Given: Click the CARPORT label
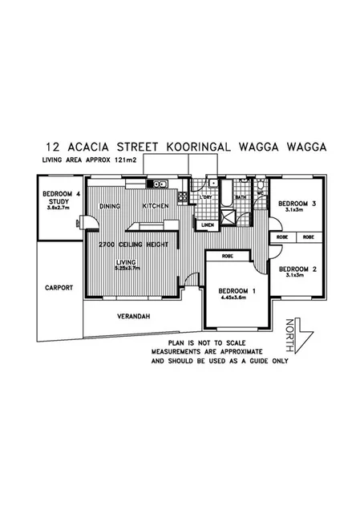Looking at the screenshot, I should pos(59,287).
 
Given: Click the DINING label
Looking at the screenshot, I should pos(110,206).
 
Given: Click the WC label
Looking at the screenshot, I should pos(261,193).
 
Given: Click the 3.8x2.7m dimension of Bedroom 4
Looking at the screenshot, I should pos(60,208).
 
